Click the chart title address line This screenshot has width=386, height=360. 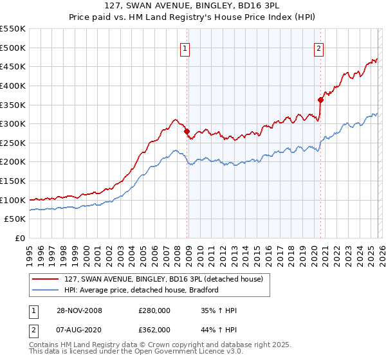pos(192,6)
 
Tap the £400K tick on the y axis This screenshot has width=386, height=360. pos(13,85)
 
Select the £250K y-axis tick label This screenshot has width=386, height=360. pos(13,143)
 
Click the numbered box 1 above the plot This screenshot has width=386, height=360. pos(185,47)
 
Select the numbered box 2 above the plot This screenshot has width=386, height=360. pos(318,47)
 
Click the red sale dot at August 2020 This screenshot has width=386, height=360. pos(320,100)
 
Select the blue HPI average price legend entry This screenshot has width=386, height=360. pos(142,291)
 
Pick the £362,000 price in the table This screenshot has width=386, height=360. pos(154,330)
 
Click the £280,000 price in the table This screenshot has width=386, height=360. pos(154,311)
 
